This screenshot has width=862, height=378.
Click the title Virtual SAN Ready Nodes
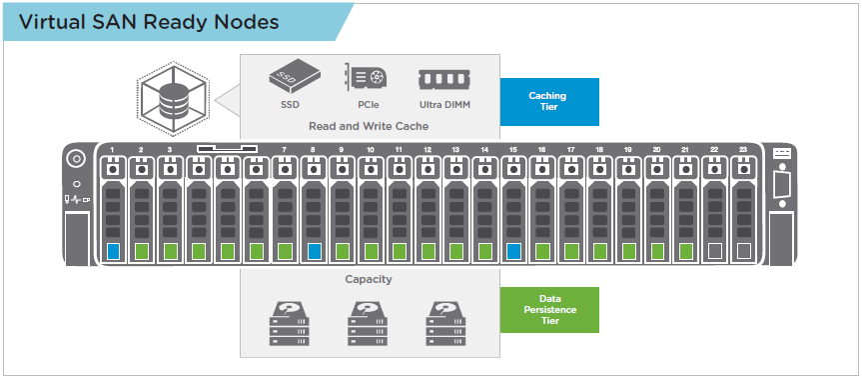point(149,22)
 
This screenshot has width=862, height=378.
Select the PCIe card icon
point(365,77)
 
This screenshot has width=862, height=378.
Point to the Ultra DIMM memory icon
point(444,79)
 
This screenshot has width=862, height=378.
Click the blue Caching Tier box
point(549,102)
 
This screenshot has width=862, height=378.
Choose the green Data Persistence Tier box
point(549,310)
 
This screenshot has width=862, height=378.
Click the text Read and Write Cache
point(369,126)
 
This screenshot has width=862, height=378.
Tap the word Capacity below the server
point(369,279)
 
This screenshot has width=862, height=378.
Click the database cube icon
point(173,99)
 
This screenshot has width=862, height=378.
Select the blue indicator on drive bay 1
point(113,251)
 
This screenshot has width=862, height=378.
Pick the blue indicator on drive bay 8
point(314,251)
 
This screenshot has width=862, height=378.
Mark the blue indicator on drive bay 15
point(513,251)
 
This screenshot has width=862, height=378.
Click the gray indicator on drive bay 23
point(743,251)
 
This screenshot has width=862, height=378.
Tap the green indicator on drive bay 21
point(685,251)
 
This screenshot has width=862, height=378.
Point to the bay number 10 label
point(370,149)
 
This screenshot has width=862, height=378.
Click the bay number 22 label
point(714,149)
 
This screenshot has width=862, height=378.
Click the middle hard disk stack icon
point(368,323)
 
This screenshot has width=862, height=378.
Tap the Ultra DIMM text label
point(444,105)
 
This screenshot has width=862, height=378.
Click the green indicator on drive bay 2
point(141,251)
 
